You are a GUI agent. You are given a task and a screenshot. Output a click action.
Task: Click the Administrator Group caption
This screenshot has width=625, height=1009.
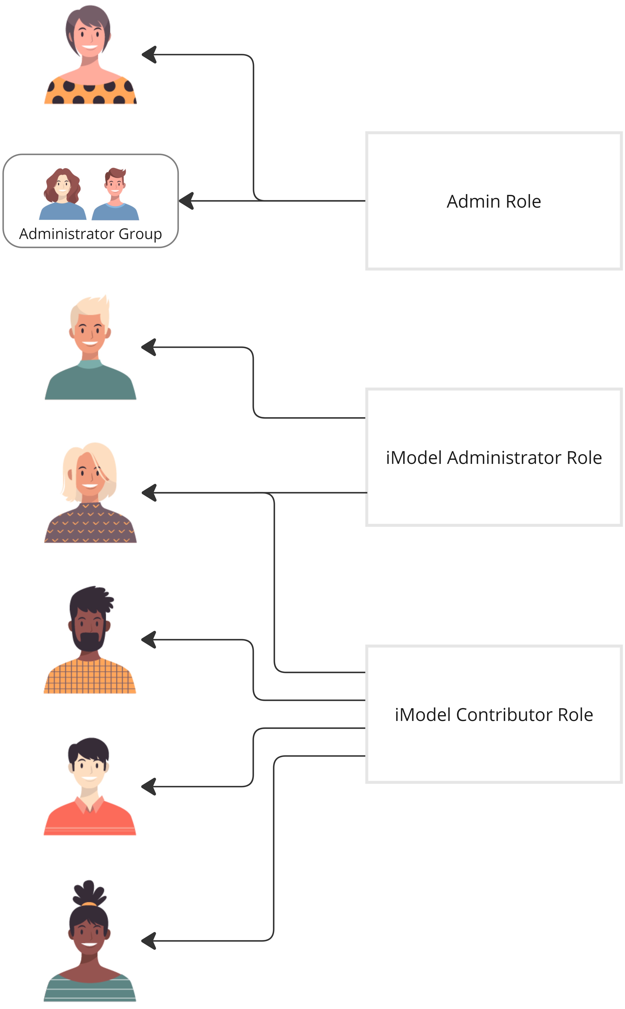click(91, 234)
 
